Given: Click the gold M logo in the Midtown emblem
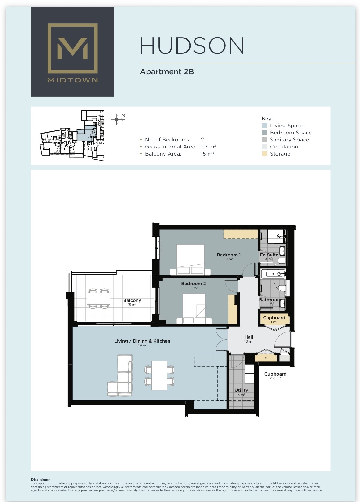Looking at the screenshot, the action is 72,48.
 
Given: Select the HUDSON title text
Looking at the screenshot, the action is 192,46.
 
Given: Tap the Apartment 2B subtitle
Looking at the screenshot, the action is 167,72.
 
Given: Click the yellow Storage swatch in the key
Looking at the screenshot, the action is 264,154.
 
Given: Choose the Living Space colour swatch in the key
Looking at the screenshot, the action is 264,126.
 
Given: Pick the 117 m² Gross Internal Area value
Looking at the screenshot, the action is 208,147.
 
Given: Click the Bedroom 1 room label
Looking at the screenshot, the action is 229,255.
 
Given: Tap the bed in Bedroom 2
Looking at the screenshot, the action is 194,309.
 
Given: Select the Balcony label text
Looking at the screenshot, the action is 132,300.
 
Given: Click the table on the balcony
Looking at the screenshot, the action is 99,299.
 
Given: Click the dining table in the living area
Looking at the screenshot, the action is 159,376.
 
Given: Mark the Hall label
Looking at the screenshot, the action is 249,337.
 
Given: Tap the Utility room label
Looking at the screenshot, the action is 241,390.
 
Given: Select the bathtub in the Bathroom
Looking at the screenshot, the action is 273,274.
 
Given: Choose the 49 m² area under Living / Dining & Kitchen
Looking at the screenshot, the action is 142,345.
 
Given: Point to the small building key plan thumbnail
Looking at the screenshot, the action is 72,135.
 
